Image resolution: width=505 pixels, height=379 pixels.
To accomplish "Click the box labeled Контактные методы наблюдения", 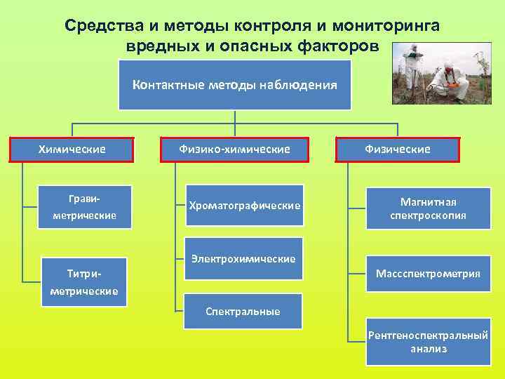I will point(234,85).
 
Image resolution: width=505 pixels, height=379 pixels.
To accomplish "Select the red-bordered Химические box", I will point(72,149).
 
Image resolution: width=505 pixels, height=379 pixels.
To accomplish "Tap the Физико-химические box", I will point(234,149).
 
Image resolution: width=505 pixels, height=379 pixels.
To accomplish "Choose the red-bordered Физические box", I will point(398,149).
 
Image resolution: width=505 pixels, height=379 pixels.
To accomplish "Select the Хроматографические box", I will point(244,205).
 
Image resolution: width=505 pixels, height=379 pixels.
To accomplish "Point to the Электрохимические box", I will point(243,259).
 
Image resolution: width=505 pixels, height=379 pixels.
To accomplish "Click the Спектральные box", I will point(243,311).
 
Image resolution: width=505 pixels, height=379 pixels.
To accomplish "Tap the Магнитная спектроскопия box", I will point(428,208).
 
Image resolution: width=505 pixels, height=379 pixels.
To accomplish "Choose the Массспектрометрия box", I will point(428,274).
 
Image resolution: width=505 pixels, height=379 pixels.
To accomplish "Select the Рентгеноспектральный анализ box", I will point(428,342).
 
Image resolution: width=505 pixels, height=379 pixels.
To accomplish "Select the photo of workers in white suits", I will point(441,74).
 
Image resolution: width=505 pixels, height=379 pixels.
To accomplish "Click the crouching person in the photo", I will point(449,82).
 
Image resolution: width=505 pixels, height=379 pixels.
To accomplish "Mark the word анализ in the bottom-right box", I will point(428,349).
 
